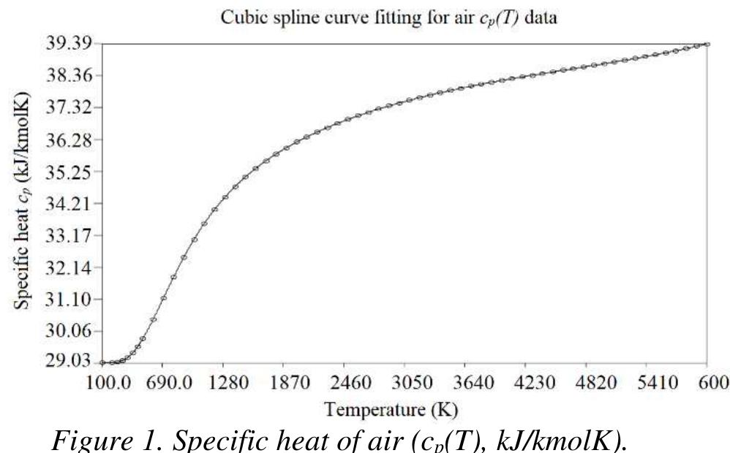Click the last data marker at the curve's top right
click(x=707, y=44)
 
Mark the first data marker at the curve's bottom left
click(x=102, y=362)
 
